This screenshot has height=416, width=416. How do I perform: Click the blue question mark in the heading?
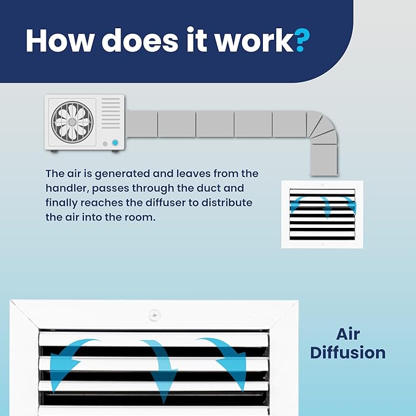(x=302, y=40)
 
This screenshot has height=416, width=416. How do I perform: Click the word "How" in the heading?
(x=59, y=40)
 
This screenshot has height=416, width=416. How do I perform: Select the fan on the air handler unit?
(x=72, y=122)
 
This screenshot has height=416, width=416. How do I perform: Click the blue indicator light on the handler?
(x=115, y=143)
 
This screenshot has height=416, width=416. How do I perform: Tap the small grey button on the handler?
(x=105, y=144)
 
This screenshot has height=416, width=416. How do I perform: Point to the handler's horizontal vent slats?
(x=111, y=113)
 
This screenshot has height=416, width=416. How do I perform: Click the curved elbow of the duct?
(x=322, y=127)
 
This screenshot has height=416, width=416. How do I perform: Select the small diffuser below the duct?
(x=322, y=214)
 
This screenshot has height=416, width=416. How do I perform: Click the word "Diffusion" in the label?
(x=348, y=353)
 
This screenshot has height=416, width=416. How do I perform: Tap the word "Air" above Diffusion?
(x=348, y=334)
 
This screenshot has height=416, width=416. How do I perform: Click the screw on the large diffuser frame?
(x=154, y=316)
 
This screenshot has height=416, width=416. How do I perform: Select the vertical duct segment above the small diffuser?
(x=324, y=160)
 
